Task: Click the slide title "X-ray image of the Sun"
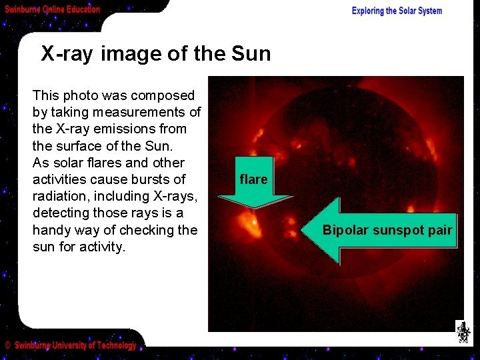[156, 53]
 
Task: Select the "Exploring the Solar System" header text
[397, 11]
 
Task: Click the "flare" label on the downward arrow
[253, 179]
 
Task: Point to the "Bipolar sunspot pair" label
[387, 231]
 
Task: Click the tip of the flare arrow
[254, 209]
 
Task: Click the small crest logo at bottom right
[463, 331]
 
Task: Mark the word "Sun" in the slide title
[252, 53]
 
